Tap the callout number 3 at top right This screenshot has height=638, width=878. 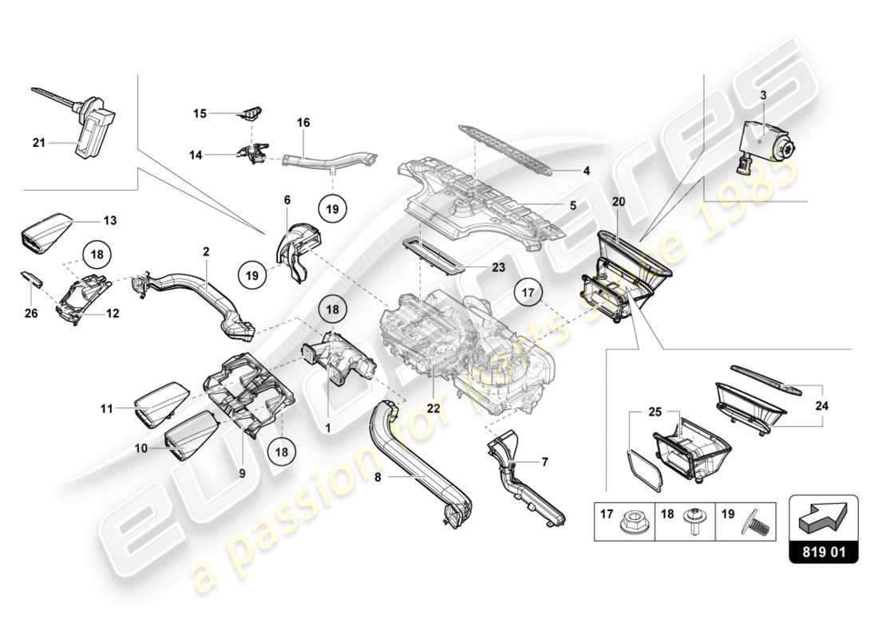pos(763,95)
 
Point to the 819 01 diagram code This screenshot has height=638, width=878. pos(824,549)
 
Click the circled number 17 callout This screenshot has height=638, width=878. pos(528,293)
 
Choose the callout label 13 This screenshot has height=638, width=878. pos(109,218)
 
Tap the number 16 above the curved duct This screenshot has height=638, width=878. pos(303,123)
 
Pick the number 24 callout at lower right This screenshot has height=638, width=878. pos(821,405)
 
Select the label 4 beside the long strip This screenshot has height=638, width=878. pos(585,171)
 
